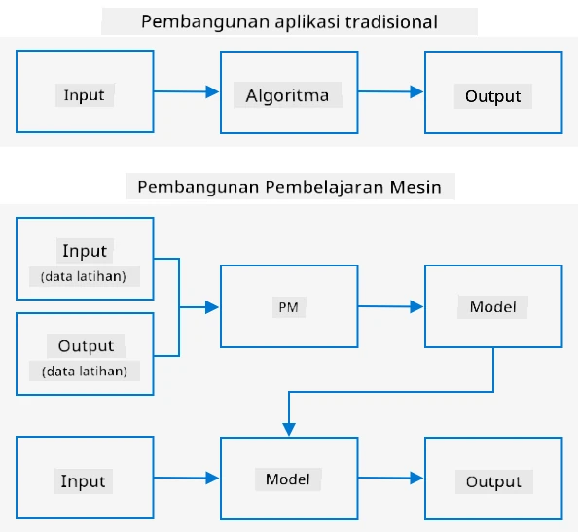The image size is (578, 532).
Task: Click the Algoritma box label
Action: coord(287,96)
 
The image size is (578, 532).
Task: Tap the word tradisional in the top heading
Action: coord(391,21)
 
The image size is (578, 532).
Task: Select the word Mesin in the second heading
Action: coord(415,187)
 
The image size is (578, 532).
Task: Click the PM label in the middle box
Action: coord(288,307)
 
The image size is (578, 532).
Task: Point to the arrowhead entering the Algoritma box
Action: coord(212,91)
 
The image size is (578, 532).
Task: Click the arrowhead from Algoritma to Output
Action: coord(416,91)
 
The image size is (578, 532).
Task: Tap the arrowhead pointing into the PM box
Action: coord(212,307)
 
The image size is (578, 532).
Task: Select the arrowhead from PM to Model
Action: coord(416,306)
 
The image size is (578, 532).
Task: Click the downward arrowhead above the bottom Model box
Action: coord(289,430)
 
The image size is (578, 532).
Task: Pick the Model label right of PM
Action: coord(492,307)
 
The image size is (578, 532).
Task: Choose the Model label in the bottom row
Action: coord(288,479)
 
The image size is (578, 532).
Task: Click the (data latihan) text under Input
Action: coord(84,276)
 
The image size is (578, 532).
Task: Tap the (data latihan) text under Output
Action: coord(85,371)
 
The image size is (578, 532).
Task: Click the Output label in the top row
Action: coord(492,96)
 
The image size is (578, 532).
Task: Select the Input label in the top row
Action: coord(84,95)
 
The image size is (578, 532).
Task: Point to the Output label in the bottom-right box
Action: coord(493,481)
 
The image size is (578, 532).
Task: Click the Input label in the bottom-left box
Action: coord(84,481)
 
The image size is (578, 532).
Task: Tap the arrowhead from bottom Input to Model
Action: coord(212,478)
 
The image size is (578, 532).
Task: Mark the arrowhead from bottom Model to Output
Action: coord(416,478)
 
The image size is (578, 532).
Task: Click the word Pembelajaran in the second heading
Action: coord(325,187)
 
